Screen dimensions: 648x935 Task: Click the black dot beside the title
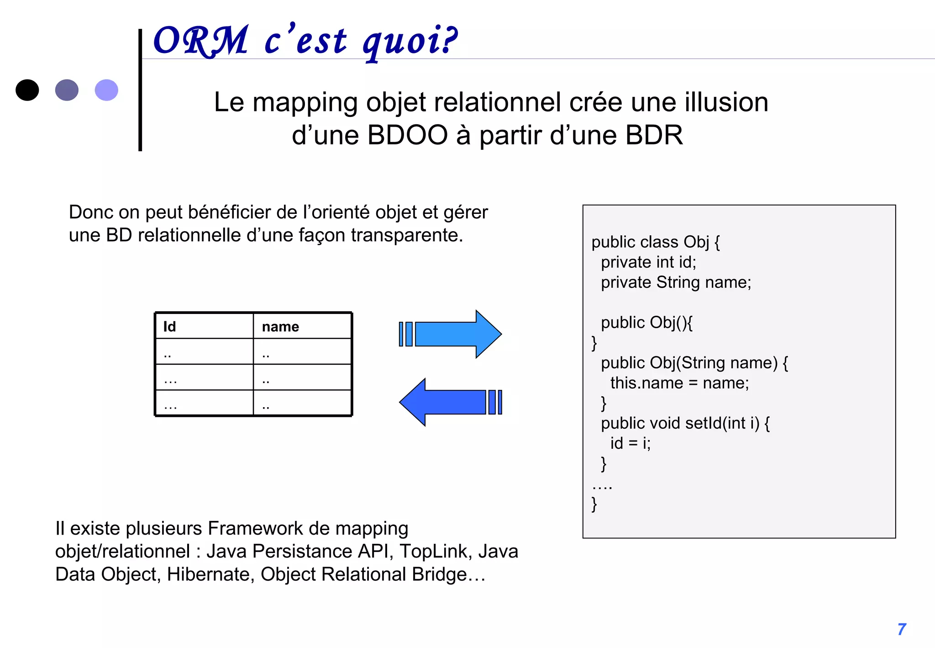coord(27,90)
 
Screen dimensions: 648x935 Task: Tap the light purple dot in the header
coord(106,90)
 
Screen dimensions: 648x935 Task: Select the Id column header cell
coord(204,326)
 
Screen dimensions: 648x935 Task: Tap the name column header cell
coord(302,326)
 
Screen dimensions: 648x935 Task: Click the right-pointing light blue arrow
coord(452,334)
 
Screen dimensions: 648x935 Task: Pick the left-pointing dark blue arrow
coord(450,402)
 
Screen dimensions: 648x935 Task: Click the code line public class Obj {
coord(655,242)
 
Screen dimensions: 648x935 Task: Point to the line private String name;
coord(676,282)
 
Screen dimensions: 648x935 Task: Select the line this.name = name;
coord(679,383)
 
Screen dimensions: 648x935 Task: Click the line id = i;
coord(630,443)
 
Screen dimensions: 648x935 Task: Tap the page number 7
coord(902,629)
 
